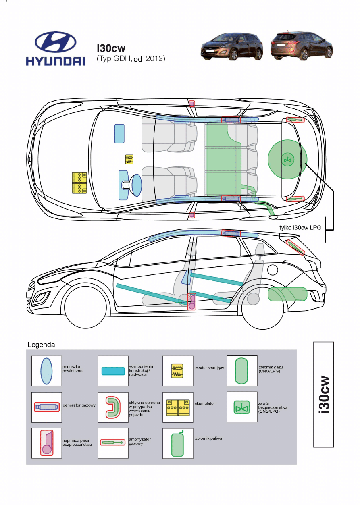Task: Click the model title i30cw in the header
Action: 111,48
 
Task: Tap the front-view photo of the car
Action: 232,46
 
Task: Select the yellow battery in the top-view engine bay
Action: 79,183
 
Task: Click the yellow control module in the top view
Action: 129,159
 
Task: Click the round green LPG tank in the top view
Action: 287,159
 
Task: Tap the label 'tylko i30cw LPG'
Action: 300,227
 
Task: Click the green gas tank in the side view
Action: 287,294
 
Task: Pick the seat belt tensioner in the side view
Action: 191,301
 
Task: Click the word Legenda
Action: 41,345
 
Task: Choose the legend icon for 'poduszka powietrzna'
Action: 46,371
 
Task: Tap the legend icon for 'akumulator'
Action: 178,408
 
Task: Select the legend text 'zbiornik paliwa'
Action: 208,438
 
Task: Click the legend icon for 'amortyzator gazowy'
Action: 113,443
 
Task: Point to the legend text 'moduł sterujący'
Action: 210,368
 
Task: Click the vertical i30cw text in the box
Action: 324,394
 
